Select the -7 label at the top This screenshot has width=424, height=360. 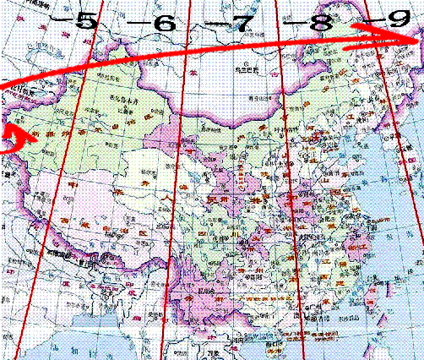[x=241, y=23]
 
